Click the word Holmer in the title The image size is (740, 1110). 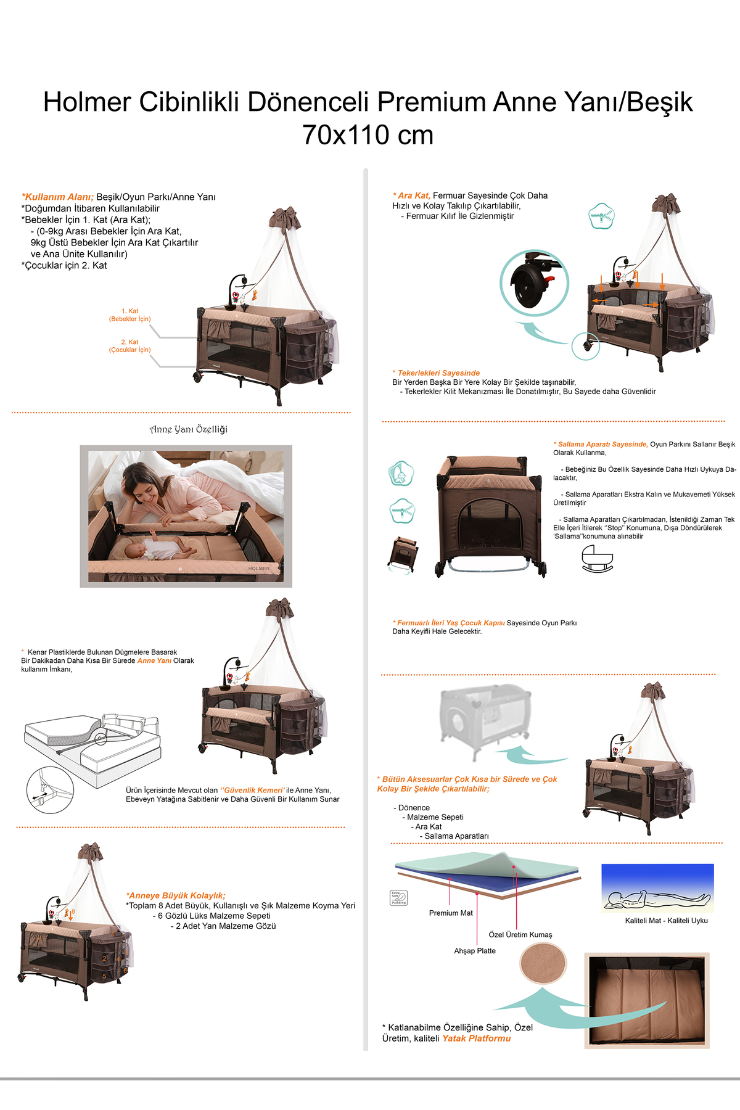(x=87, y=102)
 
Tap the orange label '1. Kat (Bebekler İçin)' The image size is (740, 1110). (x=129, y=315)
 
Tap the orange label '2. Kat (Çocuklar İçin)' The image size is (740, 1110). (x=129, y=346)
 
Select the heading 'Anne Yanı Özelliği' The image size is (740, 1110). (x=189, y=429)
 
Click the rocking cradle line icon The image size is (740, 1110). (x=598, y=559)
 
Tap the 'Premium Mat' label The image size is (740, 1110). (x=451, y=913)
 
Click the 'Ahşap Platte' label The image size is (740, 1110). (x=475, y=951)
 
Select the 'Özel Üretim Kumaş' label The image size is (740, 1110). (x=520, y=935)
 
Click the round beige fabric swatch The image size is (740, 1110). (x=543, y=963)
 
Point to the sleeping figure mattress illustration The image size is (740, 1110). (x=657, y=889)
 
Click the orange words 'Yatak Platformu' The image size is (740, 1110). (x=477, y=1038)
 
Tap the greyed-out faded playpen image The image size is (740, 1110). (x=485, y=715)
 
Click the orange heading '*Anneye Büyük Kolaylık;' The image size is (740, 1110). (x=176, y=895)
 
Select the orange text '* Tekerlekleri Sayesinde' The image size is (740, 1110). (x=436, y=373)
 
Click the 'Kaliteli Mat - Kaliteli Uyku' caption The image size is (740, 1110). (x=667, y=921)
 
